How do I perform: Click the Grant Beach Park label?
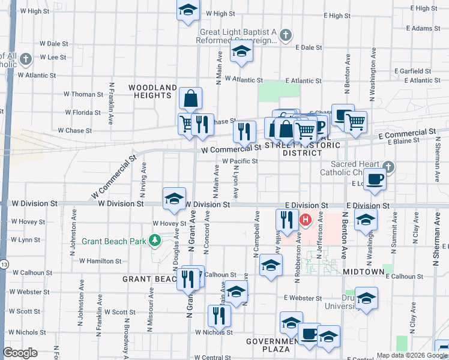click(x=115, y=241)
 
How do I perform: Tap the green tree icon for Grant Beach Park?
click(x=155, y=241)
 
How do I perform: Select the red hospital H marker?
click(x=306, y=220)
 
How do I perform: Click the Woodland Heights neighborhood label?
click(x=153, y=91)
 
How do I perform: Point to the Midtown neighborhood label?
click(x=364, y=272)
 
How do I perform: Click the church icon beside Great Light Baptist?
click(x=285, y=35)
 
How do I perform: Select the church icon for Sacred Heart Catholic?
click(x=388, y=167)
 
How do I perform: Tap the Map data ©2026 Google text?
click(x=411, y=355)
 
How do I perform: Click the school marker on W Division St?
click(x=174, y=199)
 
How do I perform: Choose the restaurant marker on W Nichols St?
click(x=219, y=316)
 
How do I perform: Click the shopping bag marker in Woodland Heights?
click(x=190, y=98)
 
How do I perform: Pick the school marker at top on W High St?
click(x=188, y=11)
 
